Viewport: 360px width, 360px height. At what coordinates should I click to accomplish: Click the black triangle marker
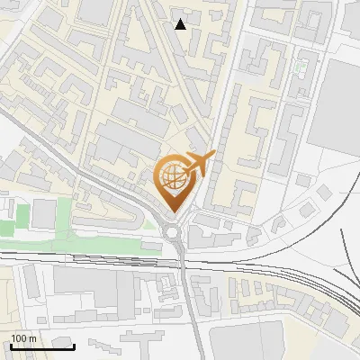(x=181, y=24)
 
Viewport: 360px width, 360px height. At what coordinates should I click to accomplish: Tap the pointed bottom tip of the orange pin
(x=174, y=212)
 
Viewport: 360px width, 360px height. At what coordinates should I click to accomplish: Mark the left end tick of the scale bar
(x=11, y=346)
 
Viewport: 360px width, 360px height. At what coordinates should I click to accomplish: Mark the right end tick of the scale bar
(x=74, y=346)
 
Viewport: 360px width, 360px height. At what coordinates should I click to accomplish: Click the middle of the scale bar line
(x=42, y=346)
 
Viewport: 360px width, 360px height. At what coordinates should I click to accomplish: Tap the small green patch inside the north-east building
(x=301, y=65)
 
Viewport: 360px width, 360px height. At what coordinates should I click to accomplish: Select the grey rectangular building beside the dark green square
(x=43, y=214)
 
